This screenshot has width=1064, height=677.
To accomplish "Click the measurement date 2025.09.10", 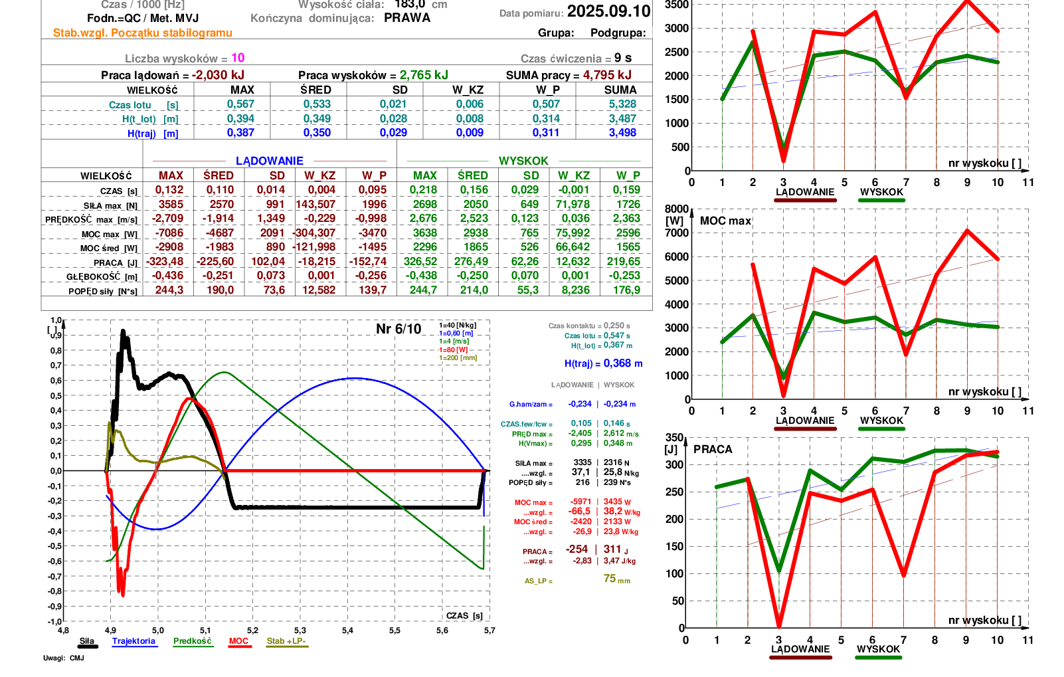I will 608,11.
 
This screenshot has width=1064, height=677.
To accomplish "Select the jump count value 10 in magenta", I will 238,58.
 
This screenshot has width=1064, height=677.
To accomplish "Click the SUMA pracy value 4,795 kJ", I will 607,75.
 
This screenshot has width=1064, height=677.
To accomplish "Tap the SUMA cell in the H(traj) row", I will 622,133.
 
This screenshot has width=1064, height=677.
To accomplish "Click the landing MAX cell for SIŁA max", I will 171,205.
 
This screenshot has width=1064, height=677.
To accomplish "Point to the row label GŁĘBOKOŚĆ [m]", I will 102,276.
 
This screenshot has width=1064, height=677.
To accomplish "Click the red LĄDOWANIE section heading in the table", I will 269,161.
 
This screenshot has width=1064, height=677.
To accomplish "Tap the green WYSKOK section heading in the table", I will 523,161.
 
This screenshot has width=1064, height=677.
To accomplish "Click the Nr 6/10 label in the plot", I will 399,329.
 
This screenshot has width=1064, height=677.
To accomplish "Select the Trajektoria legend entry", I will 133,641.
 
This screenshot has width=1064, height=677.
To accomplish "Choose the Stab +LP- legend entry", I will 286,641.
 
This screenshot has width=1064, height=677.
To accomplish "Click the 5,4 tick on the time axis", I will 347,630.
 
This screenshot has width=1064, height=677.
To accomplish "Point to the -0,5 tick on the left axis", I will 56,546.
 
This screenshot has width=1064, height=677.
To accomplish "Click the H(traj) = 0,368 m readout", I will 603,363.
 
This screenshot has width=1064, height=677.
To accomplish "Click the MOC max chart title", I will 725,221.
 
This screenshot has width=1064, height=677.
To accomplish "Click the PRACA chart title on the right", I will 713,449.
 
